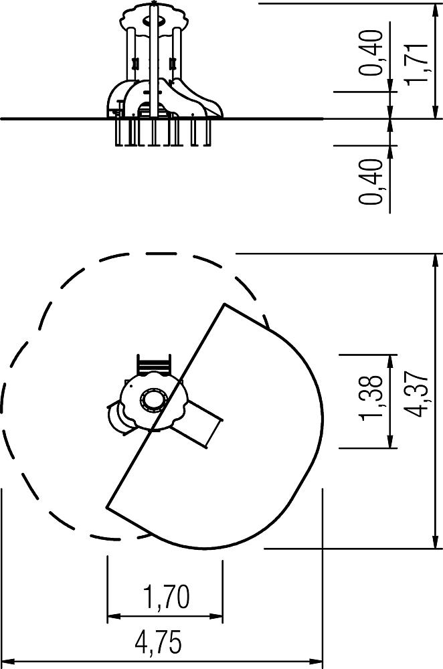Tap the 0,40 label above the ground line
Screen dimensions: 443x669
[x=369, y=52]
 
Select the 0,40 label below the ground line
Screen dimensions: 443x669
[x=369, y=181]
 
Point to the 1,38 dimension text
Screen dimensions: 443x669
[x=371, y=397]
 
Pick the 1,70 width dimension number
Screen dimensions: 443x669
[x=166, y=597]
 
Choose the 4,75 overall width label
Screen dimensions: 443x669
[x=159, y=642]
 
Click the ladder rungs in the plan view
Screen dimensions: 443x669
[x=153, y=365]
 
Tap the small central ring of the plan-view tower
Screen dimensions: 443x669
[x=153, y=400]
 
